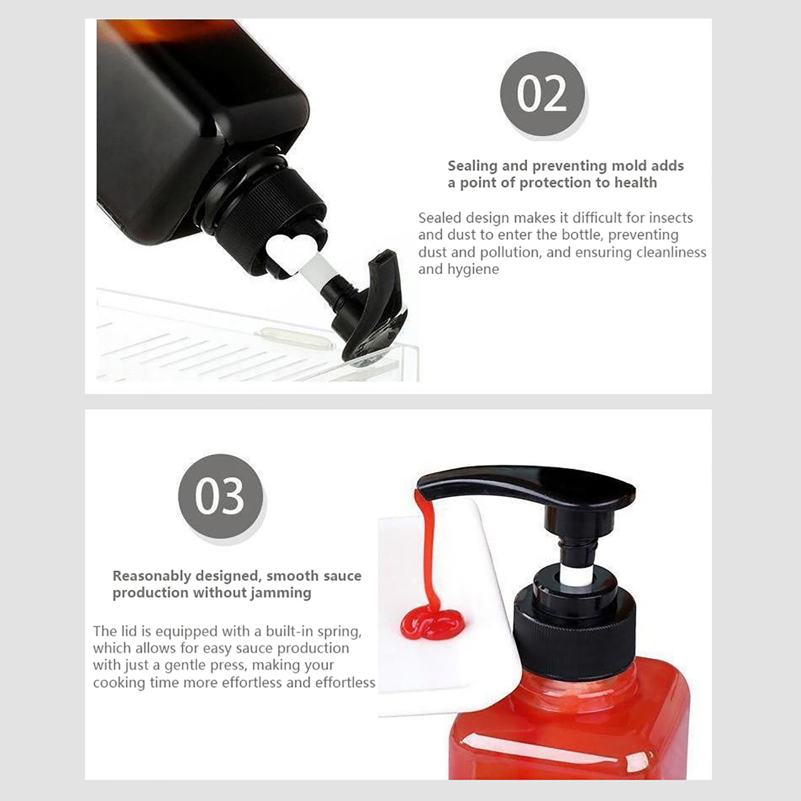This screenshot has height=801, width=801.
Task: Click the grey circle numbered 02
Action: [542, 94]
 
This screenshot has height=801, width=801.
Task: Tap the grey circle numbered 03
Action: [220, 496]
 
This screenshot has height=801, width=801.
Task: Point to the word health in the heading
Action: [635, 183]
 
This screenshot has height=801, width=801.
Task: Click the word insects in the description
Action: [671, 218]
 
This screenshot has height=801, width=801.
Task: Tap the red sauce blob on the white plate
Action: [432, 622]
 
